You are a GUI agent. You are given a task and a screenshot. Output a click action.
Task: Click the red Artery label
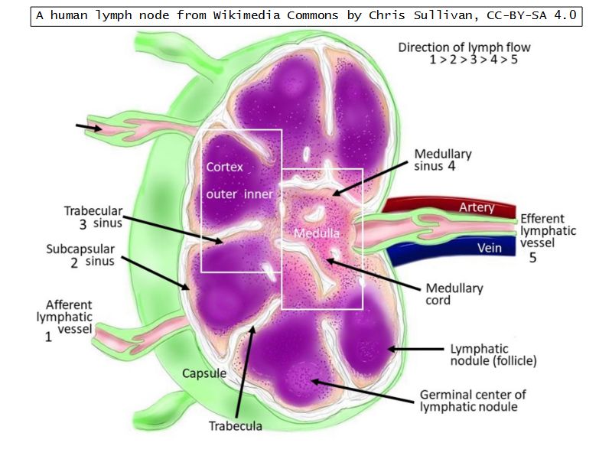(476, 207)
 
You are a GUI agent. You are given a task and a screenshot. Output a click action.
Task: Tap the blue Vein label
(490, 248)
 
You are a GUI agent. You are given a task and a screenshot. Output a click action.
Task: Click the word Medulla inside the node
(316, 232)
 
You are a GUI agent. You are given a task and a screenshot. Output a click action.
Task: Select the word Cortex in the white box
(224, 167)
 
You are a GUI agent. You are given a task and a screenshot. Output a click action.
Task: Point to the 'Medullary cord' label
(454, 295)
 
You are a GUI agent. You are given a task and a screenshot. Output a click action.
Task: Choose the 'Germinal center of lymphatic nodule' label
(473, 400)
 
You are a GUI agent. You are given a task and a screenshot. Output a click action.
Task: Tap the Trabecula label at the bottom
(235, 426)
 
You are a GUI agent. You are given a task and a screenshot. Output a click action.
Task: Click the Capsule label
(204, 373)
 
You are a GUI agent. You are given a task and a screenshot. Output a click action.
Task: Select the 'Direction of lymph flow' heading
(464, 47)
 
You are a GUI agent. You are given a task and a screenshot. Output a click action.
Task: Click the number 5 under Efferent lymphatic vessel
(534, 258)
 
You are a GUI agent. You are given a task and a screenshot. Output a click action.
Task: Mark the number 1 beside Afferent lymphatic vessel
(48, 336)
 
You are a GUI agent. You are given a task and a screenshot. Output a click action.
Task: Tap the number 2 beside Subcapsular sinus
(74, 262)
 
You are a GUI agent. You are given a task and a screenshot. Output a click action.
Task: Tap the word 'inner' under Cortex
(259, 194)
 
